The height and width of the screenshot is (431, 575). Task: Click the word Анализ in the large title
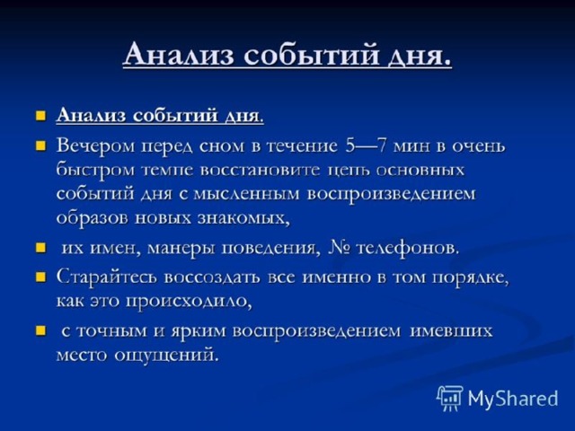point(179,54)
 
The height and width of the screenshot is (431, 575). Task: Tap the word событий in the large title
point(311,54)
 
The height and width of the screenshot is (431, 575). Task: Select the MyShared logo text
point(513,399)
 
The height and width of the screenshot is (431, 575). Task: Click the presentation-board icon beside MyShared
point(450,398)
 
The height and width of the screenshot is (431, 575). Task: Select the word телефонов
point(408,248)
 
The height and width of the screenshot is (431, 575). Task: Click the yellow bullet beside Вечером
point(40,146)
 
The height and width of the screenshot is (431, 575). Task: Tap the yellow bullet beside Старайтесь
point(40,277)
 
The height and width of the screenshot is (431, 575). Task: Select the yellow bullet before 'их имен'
point(40,248)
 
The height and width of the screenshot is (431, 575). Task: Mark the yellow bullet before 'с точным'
point(40,331)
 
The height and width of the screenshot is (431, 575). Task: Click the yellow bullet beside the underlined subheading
point(40,116)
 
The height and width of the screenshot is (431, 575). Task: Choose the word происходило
point(190,302)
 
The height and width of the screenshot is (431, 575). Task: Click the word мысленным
point(246,194)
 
